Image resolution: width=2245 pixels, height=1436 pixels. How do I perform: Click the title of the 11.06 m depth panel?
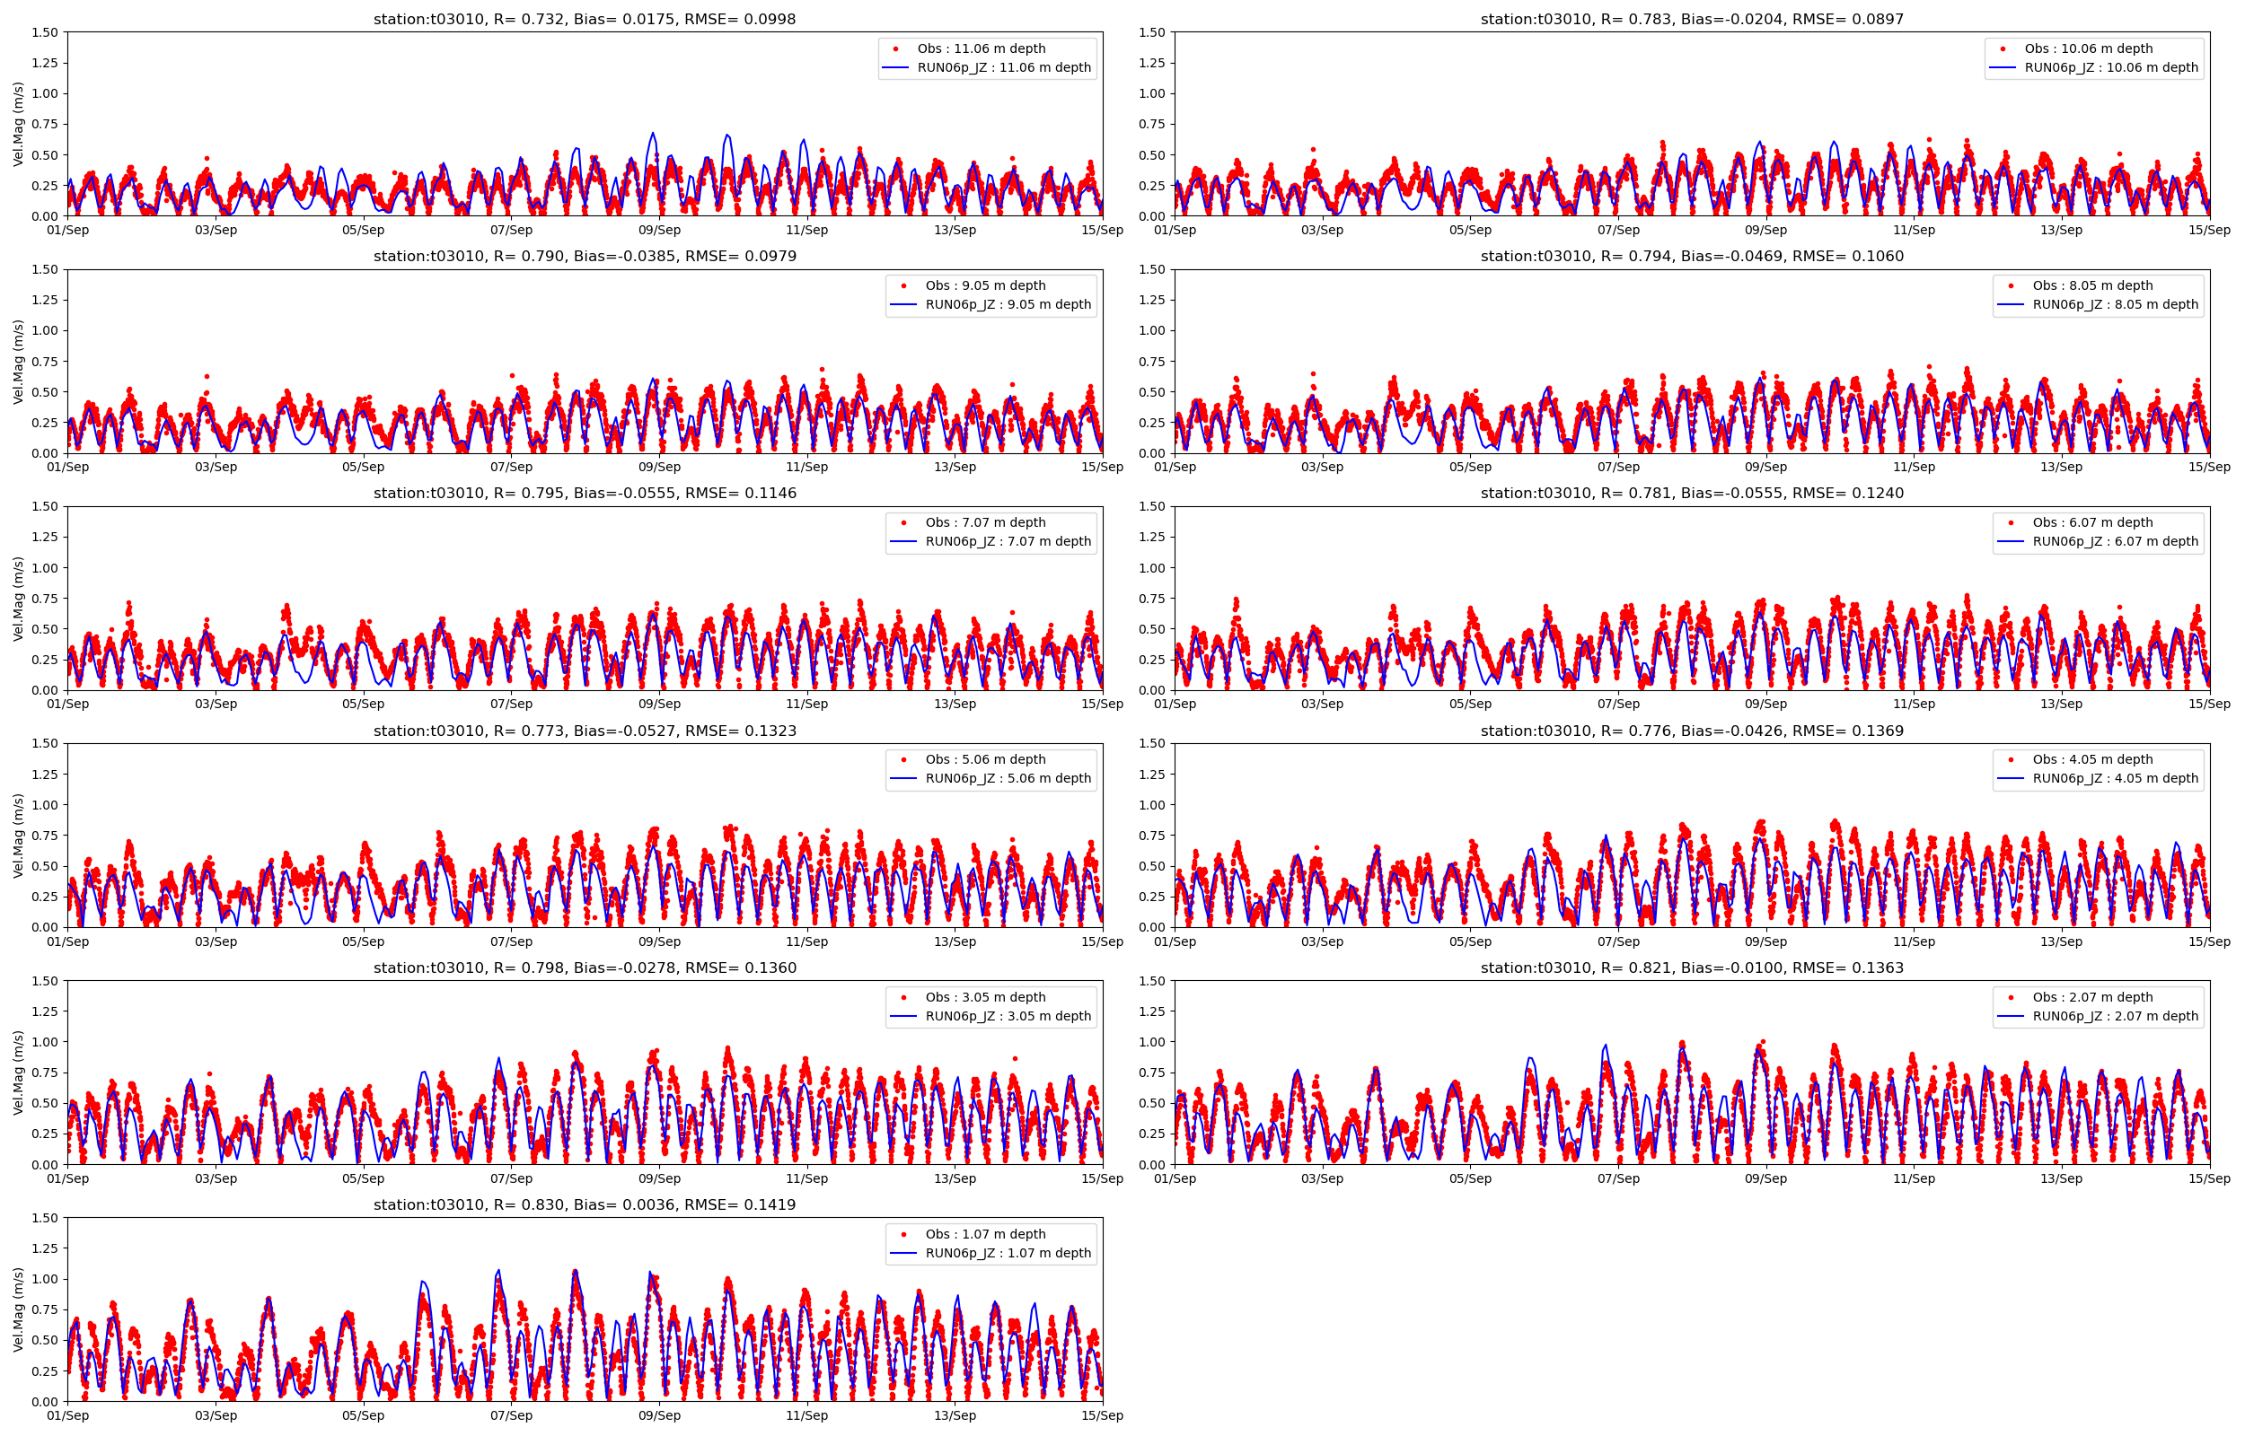584,19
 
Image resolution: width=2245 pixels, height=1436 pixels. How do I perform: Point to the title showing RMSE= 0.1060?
1691,257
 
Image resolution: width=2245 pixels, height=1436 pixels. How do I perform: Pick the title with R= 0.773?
584,731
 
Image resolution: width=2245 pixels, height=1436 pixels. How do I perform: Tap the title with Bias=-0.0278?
584,968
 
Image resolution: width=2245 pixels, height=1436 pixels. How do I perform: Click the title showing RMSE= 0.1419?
584,1204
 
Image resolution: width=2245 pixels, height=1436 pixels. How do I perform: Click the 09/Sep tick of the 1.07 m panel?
659,1415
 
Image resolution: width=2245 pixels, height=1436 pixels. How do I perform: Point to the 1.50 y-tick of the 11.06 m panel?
45,32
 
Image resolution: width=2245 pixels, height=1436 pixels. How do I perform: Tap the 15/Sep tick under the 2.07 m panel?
2208,1178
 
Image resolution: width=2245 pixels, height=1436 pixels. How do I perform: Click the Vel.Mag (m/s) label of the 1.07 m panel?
19,1309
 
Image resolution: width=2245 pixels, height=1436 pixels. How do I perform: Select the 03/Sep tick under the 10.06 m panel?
1322,231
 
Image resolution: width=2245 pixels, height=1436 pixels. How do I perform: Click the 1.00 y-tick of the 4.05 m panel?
1152,805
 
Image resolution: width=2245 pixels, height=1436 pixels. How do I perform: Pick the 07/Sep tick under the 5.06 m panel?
511,941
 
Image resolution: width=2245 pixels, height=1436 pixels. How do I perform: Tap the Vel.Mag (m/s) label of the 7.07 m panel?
19,599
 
